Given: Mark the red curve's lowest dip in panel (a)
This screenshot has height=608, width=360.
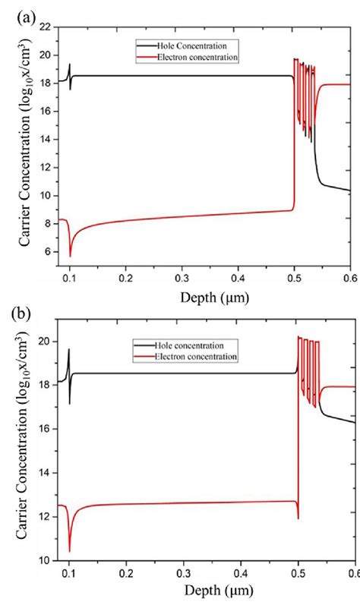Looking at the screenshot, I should [70, 256].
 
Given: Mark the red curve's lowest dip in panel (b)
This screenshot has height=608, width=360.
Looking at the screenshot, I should [69, 550].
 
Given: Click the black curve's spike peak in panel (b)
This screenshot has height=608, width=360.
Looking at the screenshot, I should [69, 349].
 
